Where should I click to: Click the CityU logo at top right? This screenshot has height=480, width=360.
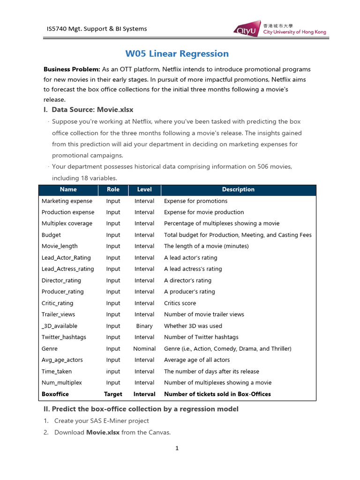(279, 28)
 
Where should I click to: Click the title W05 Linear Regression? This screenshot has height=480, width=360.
(177, 53)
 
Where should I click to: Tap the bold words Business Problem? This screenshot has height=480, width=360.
(72, 69)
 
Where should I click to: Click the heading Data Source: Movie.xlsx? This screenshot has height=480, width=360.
(92, 110)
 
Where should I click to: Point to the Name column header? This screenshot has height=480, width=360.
(68, 190)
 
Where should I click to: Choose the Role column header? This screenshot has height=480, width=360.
(113, 190)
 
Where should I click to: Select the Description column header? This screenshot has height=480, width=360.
(238, 190)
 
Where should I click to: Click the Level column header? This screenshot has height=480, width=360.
(144, 190)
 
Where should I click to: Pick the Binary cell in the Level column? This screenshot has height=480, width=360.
(144, 326)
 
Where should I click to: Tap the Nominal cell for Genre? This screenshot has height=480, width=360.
(144, 349)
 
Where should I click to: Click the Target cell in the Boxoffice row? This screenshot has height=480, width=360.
(113, 394)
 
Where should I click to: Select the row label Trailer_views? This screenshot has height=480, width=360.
(58, 315)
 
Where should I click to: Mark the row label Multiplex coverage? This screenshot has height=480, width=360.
(67, 224)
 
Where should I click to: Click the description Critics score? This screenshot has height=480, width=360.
(180, 303)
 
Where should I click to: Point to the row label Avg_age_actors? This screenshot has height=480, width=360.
(62, 360)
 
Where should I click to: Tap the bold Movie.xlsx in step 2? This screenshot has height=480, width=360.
(103, 432)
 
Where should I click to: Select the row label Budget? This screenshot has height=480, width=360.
(51, 235)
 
